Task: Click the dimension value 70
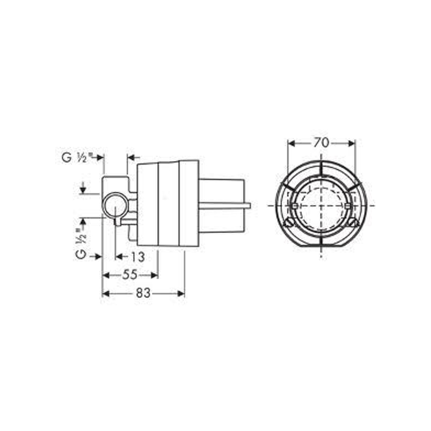coord(322,143)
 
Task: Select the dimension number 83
coord(144,293)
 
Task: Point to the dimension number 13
coord(137,257)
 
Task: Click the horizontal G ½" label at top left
coord(77,158)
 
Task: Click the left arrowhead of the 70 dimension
coord(290,143)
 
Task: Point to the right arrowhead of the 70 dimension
coord(353,143)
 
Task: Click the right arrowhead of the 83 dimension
coord(181,294)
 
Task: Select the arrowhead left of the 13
coord(119,257)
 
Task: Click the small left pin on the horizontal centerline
coord(294,206)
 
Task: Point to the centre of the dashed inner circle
coord(322,206)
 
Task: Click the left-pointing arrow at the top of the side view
coord(131,158)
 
